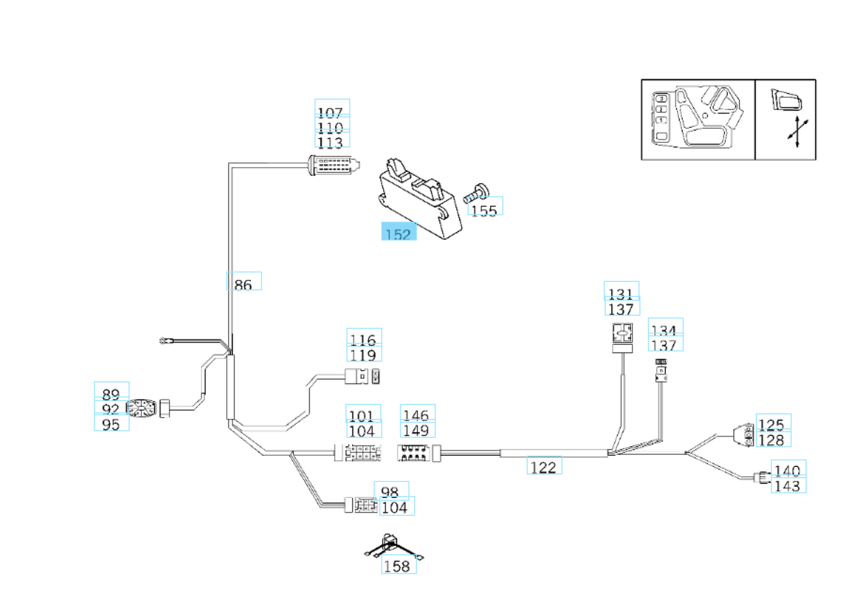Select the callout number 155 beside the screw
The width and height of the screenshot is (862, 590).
(484, 210)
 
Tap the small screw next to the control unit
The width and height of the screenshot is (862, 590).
(476, 193)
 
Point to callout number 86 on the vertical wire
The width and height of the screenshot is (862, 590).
(243, 284)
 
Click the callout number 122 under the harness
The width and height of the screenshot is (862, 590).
(543, 467)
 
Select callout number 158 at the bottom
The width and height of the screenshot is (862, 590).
(397, 566)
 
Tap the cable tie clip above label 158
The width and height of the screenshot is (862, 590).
(391, 544)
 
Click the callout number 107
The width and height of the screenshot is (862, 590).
(330, 112)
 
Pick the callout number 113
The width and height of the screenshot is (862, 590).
(330, 142)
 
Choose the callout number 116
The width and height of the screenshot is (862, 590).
(363, 339)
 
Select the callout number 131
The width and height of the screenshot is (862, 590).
(621, 294)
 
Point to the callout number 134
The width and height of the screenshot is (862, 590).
(664, 330)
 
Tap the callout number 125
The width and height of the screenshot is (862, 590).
(771, 424)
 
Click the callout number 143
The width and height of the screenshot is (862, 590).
(787, 486)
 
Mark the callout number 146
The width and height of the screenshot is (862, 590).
(416, 415)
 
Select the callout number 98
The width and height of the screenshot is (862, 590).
(390, 492)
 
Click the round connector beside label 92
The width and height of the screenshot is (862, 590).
(143, 409)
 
